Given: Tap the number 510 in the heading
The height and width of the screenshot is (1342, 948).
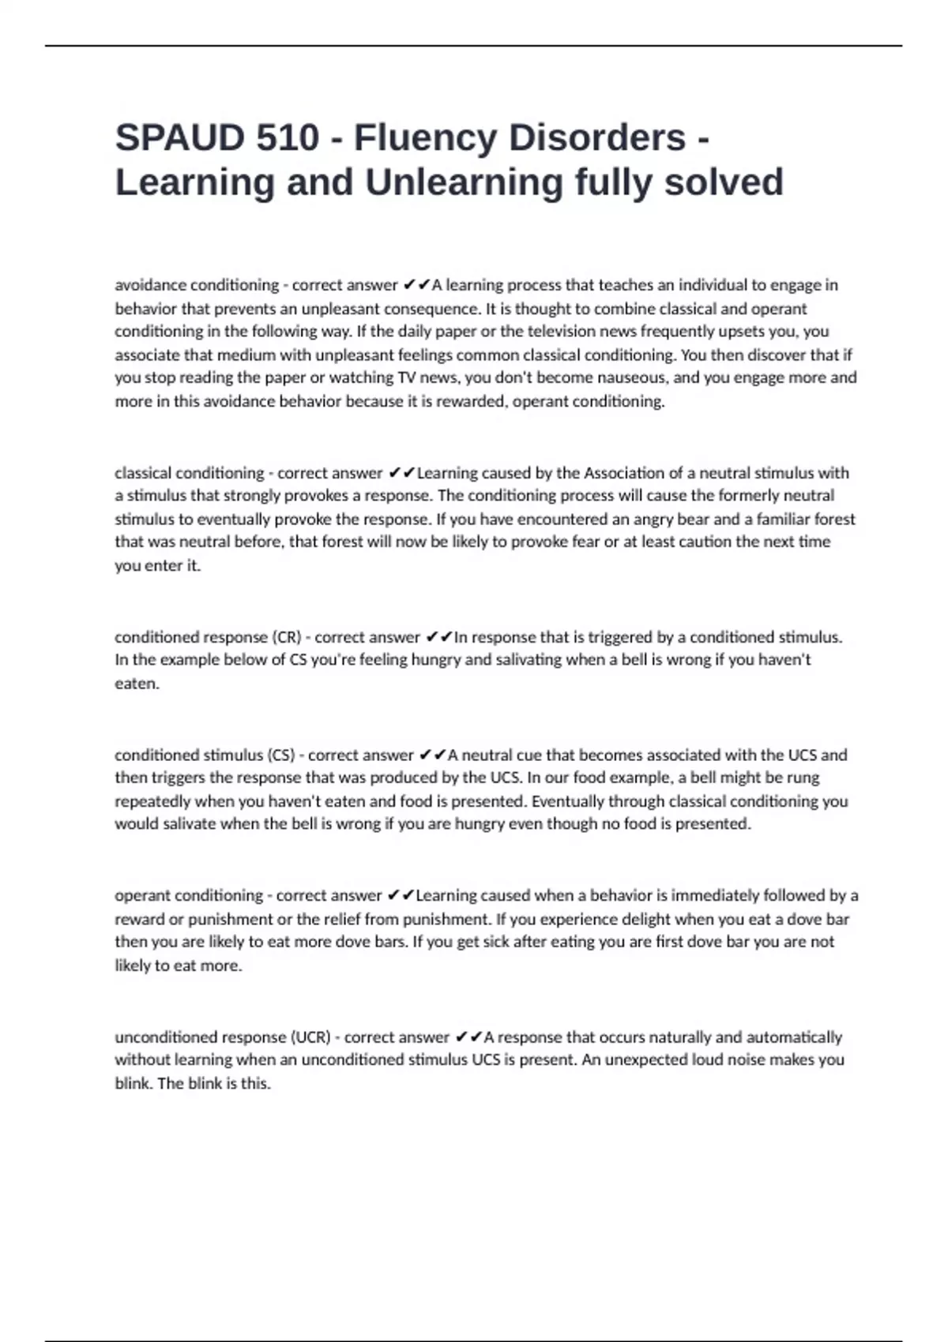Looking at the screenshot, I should point(288,137).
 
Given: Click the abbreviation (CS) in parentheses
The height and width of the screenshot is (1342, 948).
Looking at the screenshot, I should point(281,755).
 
